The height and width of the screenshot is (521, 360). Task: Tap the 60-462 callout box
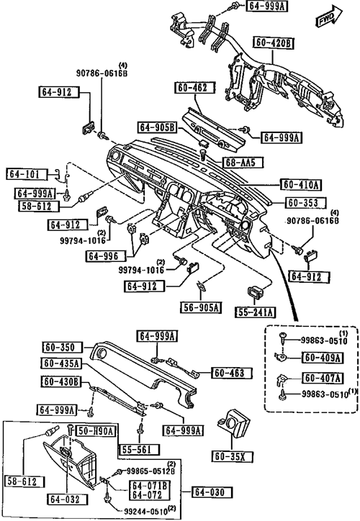pos(191,88)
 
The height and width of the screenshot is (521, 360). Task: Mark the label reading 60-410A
pos(301,184)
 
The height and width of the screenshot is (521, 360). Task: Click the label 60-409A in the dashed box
pos(323,356)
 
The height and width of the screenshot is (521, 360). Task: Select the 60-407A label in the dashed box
pos(323,378)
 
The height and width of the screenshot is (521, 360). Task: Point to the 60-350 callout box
pos(60,348)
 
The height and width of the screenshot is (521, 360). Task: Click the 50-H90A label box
pos(96,430)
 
